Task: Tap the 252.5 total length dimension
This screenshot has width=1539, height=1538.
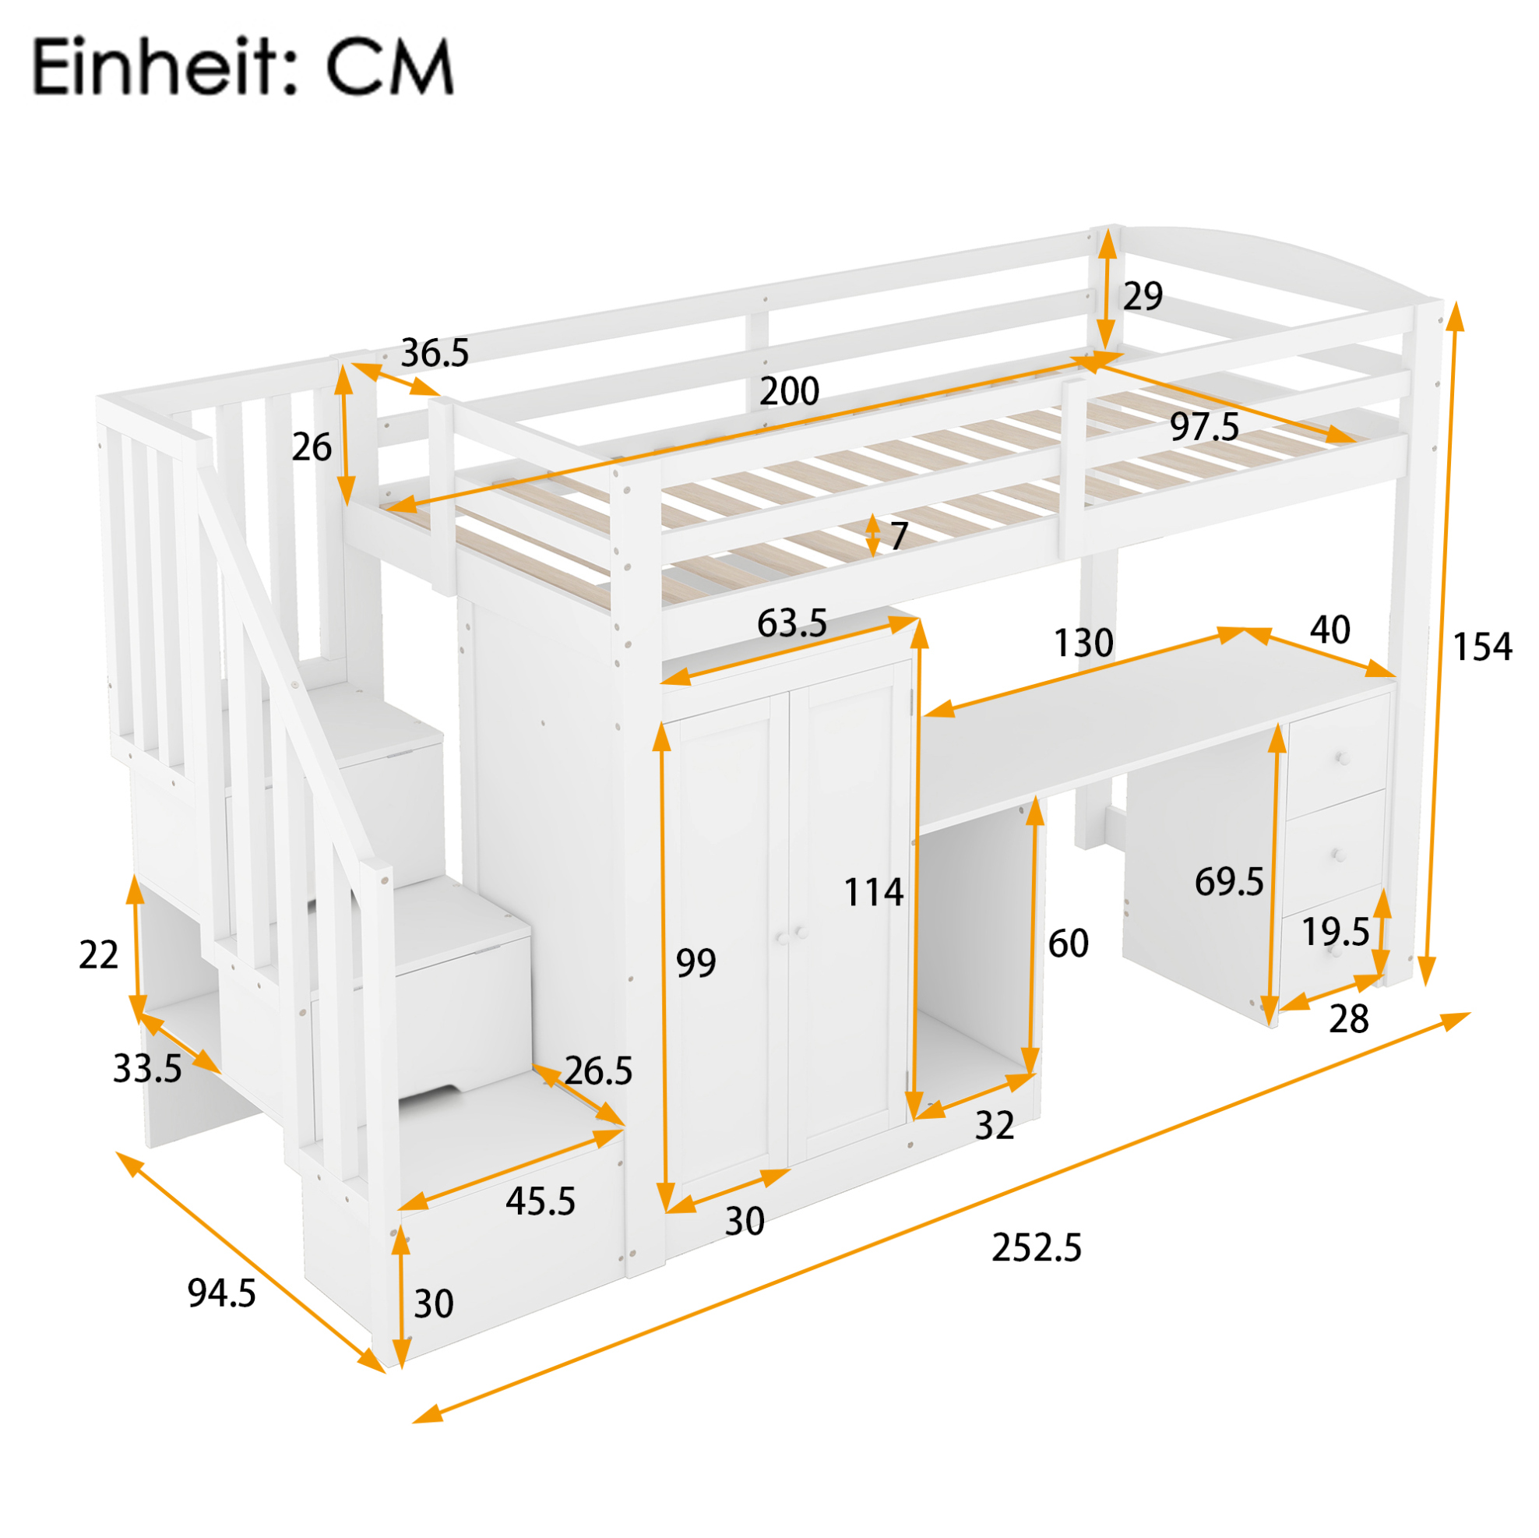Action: pyautogui.click(x=1037, y=1247)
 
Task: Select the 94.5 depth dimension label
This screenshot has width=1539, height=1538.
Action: pyautogui.click(x=221, y=1293)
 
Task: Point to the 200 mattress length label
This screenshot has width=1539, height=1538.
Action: pyautogui.click(x=789, y=390)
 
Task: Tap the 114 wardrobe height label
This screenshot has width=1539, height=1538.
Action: pyautogui.click(x=873, y=892)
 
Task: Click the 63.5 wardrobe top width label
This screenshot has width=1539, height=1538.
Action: pyautogui.click(x=792, y=623)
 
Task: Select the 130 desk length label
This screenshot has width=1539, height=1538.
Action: pyautogui.click(x=1083, y=642)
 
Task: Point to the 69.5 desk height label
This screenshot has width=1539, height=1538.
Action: pyautogui.click(x=1228, y=881)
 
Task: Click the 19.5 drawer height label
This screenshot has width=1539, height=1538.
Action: pyautogui.click(x=1335, y=931)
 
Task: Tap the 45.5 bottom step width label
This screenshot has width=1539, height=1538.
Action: pyautogui.click(x=540, y=1201)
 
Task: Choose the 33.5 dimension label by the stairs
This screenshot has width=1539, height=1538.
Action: pyautogui.click(x=147, y=1069)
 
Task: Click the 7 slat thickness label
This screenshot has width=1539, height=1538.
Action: pyautogui.click(x=900, y=535)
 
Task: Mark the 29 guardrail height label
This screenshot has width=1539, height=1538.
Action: pyautogui.click(x=1143, y=295)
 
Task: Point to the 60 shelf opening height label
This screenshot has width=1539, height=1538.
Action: pyautogui.click(x=1069, y=944)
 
